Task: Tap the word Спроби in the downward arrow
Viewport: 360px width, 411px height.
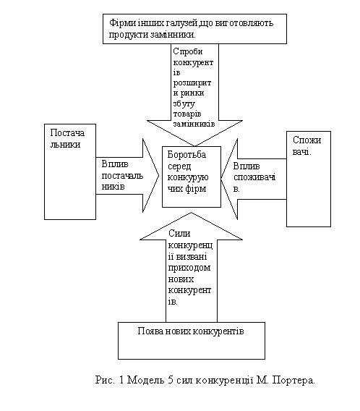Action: [188, 51]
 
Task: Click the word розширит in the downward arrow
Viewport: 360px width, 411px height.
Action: [192, 83]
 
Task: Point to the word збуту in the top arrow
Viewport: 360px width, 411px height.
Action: [184, 104]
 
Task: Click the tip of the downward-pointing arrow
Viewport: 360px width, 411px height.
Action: [194, 146]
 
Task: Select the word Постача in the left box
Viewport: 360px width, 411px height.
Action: [67, 133]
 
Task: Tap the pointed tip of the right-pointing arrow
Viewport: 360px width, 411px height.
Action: [158, 175]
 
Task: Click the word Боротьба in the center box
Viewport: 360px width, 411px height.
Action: [187, 155]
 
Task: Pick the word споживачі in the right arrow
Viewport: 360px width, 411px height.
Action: [254, 177]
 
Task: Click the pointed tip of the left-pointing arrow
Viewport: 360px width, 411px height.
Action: [221, 178]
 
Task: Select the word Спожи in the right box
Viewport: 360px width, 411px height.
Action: [307, 140]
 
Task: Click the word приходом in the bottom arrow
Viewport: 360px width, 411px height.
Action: [189, 268]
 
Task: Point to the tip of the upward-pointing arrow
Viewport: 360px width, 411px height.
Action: [192, 213]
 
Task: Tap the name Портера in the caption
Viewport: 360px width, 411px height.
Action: [293, 381]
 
